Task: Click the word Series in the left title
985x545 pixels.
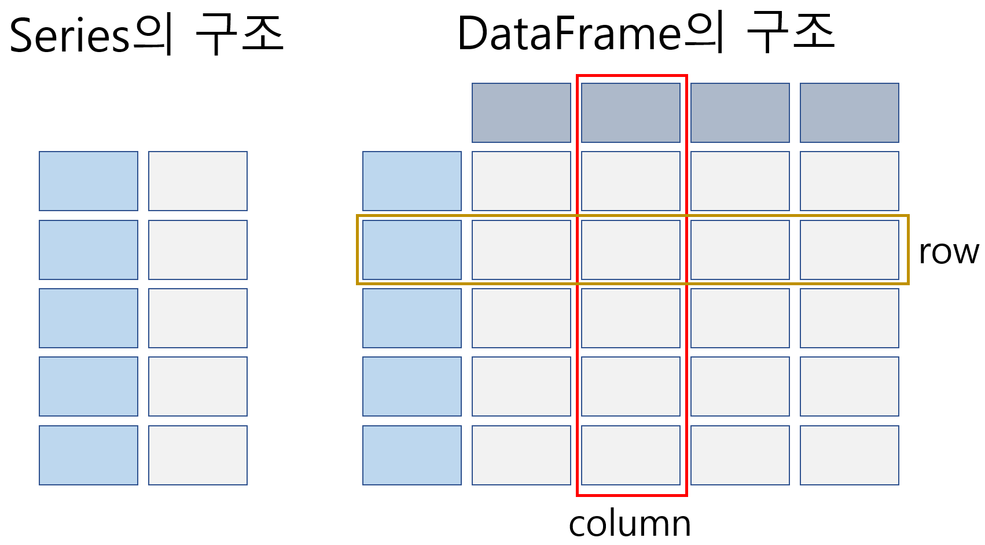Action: [x=69, y=36]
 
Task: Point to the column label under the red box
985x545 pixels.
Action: [x=630, y=524]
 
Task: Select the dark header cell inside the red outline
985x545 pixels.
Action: [x=630, y=113]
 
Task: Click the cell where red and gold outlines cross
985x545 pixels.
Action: [x=630, y=250]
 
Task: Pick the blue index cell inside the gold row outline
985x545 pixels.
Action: [x=412, y=250]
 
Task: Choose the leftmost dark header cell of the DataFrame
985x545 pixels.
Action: [x=521, y=113]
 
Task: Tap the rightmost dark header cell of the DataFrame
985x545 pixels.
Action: [x=849, y=113]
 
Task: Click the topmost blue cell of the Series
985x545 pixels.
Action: [x=89, y=181]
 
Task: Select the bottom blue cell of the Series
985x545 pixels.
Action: [x=89, y=455]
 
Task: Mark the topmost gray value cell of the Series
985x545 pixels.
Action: [x=198, y=181]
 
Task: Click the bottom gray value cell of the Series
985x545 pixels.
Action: [x=198, y=455]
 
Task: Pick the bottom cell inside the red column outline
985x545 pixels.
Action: [x=630, y=455]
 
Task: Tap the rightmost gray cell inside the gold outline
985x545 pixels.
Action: [x=849, y=250]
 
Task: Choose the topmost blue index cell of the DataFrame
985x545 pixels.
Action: [x=412, y=181]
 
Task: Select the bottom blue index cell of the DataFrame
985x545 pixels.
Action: [x=412, y=455]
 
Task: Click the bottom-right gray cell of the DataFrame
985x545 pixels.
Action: [x=849, y=455]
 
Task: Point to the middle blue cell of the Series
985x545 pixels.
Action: [x=89, y=318]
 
